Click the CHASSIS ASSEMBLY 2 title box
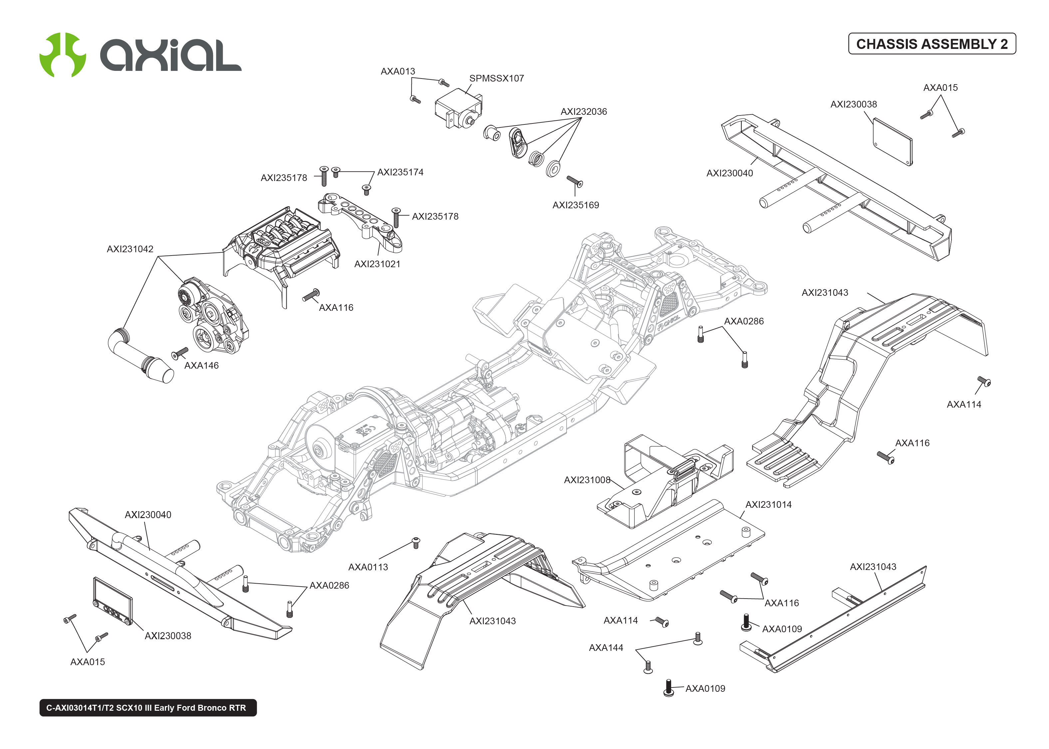pyautogui.click(x=931, y=44)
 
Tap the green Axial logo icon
pyautogui.click(x=62, y=55)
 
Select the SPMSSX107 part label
pyautogui.click(x=496, y=79)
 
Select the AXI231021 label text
pyautogui.click(x=377, y=264)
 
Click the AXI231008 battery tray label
pyautogui.click(x=587, y=480)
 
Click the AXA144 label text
pyautogui.click(x=606, y=648)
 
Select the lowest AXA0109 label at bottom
pyautogui.click(x=705, y=688)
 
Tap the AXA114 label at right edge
pyautogui.click(x=964, y=405)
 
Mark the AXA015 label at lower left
pyautogui.click(x=87, y=662)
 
